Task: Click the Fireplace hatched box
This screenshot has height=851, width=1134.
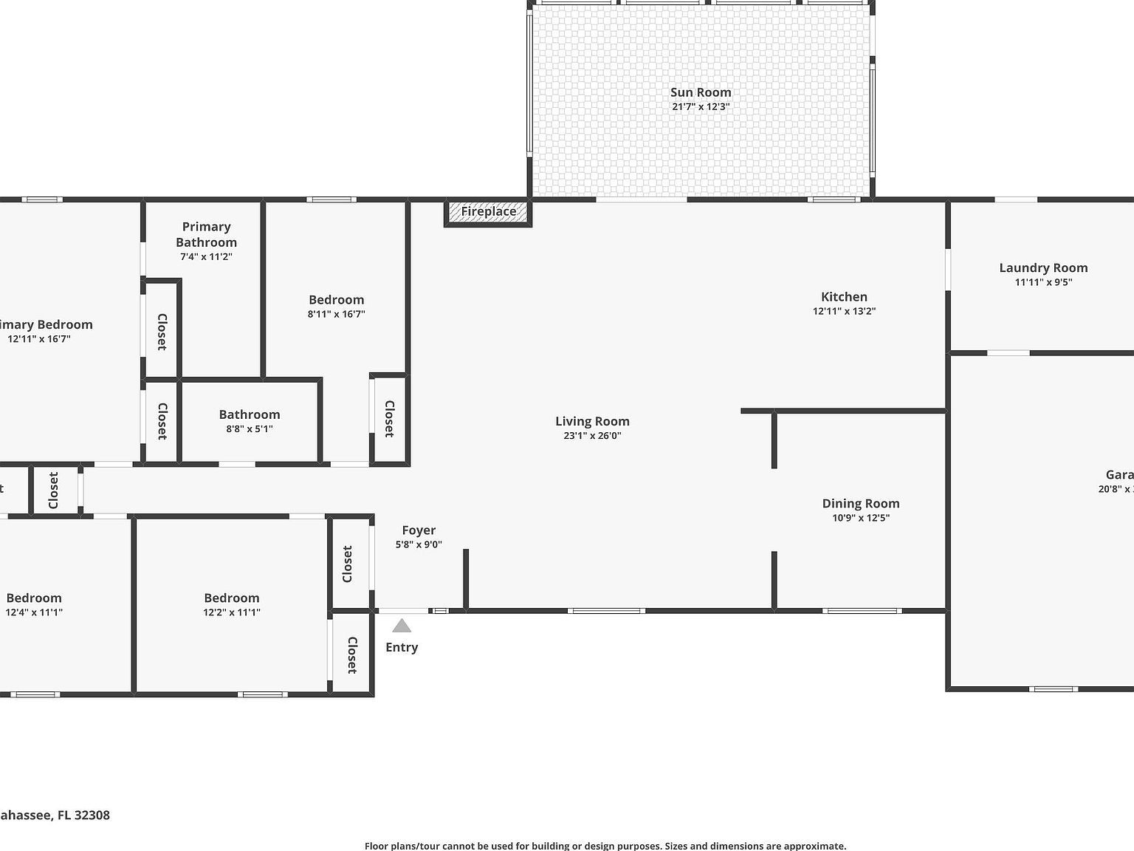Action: coord(488,212)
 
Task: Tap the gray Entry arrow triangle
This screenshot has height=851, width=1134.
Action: coord(402,626)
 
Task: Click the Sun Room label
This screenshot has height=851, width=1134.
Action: coord(701,92)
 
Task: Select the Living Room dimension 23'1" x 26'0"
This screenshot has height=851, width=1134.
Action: coord(592,436)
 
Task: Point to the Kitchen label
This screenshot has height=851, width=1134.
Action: coord(844,297)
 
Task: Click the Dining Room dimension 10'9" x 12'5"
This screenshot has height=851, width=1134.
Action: coord(861,518)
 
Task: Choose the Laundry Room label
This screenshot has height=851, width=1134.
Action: coord(1043,268)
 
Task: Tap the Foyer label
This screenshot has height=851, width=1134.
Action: coord(419,530)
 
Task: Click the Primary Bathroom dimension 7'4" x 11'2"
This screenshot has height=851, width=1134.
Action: coord(206,257)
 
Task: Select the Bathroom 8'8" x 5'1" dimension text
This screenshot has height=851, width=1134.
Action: coord(250,428)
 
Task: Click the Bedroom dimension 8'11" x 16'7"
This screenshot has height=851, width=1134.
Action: coord(336,314)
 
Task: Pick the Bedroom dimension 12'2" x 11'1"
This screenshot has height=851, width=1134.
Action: coord(232,612)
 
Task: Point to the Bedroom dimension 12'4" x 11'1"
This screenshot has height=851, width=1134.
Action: coord(34,612)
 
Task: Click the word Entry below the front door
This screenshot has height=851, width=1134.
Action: coord(402,647)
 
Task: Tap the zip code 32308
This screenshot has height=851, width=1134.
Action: coord(92,815)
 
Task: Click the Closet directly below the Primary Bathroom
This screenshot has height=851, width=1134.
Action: coord(162,332)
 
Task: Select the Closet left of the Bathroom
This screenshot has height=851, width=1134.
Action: coord(162,421)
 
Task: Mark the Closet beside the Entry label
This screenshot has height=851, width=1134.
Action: coord(351,655)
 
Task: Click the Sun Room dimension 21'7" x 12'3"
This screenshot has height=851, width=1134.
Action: coord(701,106)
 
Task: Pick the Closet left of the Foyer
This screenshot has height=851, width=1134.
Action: coord(348,564)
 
